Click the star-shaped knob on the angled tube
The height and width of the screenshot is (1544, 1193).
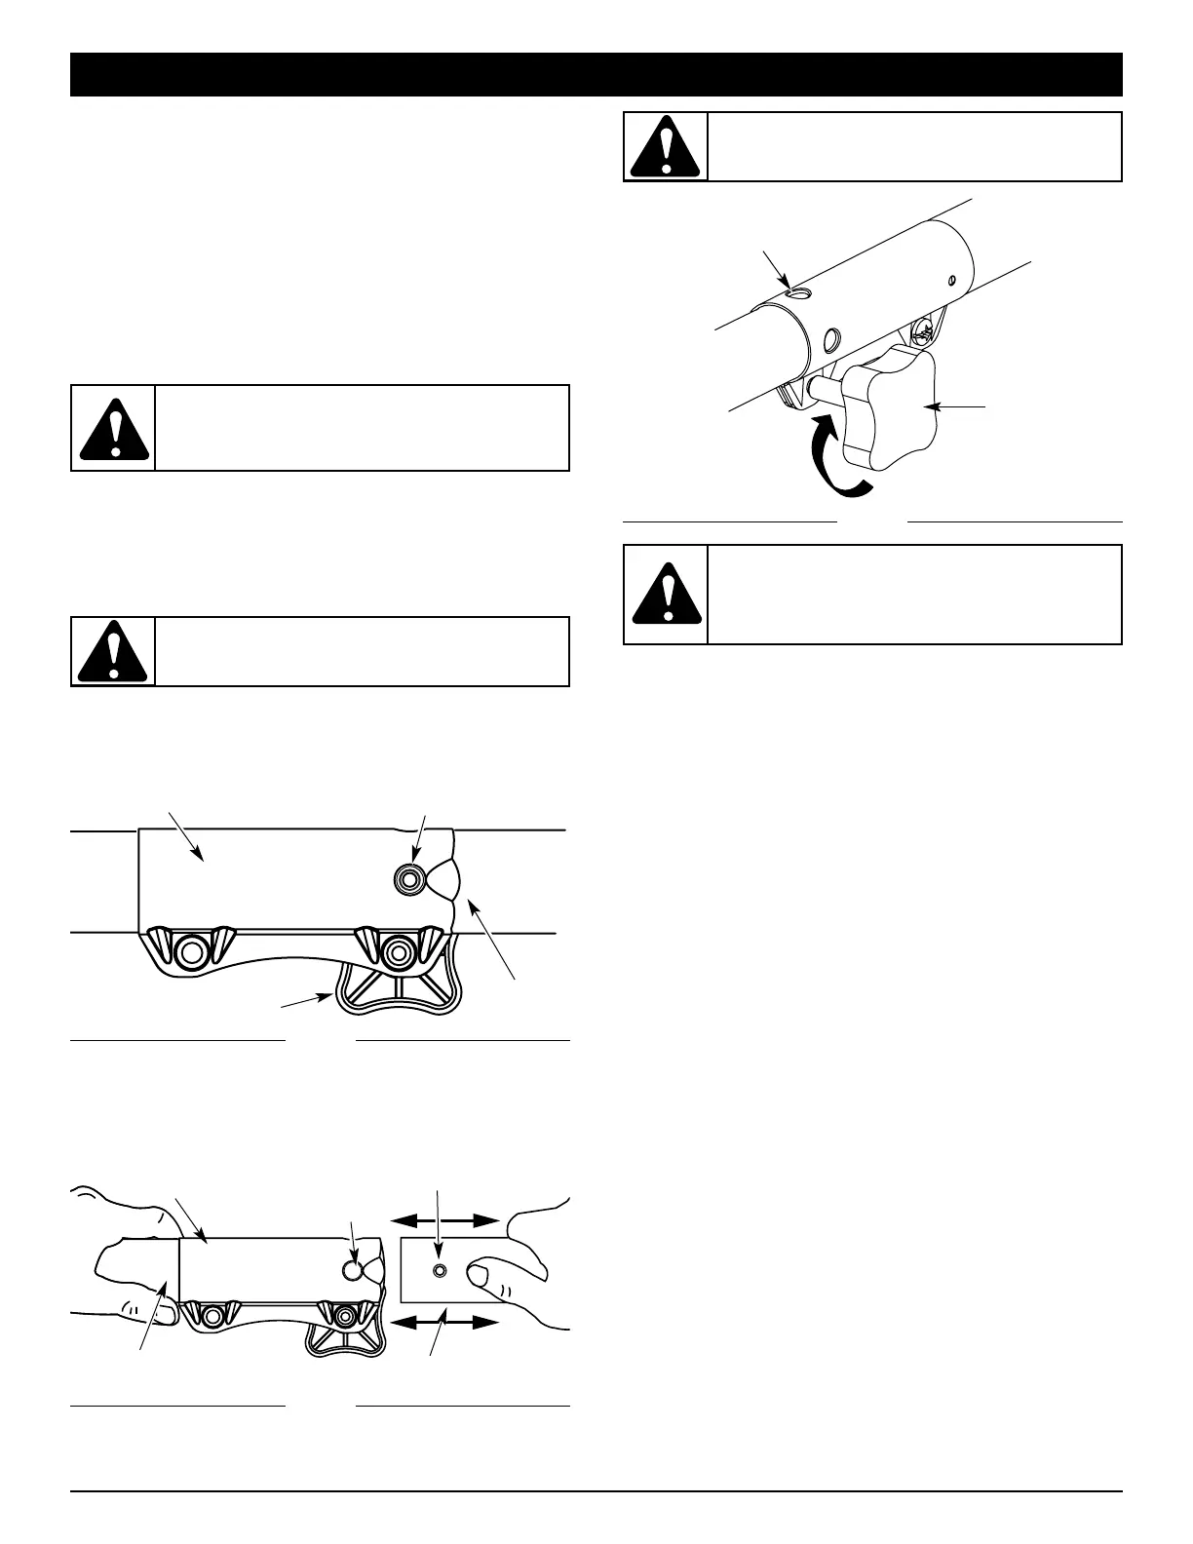tap(887, 408)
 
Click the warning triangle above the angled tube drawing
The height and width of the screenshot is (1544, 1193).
tap(666, 147)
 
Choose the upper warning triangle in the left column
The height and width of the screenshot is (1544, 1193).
tap(114, 429)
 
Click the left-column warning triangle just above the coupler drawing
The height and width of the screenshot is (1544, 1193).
tap(114, 651)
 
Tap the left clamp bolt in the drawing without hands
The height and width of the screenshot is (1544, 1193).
tap(190, 949)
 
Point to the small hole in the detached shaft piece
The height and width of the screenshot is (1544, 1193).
tap(440, 1271)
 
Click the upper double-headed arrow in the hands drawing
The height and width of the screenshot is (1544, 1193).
tap(444, 1219)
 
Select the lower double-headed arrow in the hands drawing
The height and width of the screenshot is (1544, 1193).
tap(444, 1323)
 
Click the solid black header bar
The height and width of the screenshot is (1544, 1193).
tap(596, 75)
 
